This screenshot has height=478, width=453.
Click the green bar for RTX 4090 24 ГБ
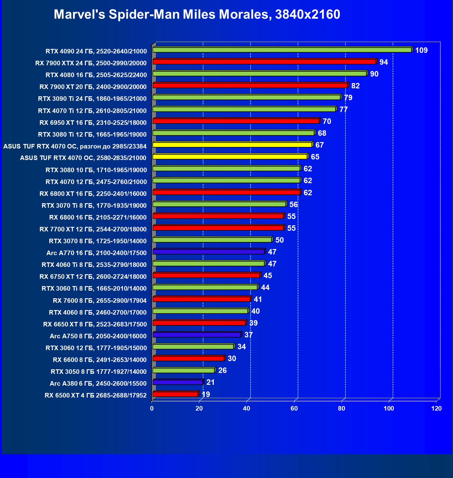click(282, 50)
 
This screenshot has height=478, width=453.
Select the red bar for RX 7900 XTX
click(264, 62)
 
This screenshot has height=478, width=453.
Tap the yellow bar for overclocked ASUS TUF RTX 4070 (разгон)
click(232, 145)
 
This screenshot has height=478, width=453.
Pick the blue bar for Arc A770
click(209, 252)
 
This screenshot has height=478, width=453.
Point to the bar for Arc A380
click(178, 382)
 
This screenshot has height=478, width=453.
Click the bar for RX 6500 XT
click(175, 394)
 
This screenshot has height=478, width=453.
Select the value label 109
click(421, 50)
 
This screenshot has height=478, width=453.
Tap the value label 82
click(356, 86)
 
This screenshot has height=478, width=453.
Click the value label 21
click(210, 382)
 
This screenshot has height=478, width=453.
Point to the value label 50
click(279, 240)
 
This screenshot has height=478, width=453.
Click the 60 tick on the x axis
click(294, 408)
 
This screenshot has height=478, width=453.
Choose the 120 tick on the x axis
click(436, 408)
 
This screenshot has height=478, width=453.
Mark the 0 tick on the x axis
click(152, 408)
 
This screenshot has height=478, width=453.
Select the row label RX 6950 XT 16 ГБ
click(93, 123)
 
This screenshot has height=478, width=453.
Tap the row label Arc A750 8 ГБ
click(98, 336)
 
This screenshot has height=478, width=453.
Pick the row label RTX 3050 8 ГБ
click(99, 372)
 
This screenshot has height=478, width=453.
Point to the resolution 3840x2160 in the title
click(308, 14)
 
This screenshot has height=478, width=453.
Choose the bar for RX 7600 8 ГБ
click(202, 299)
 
